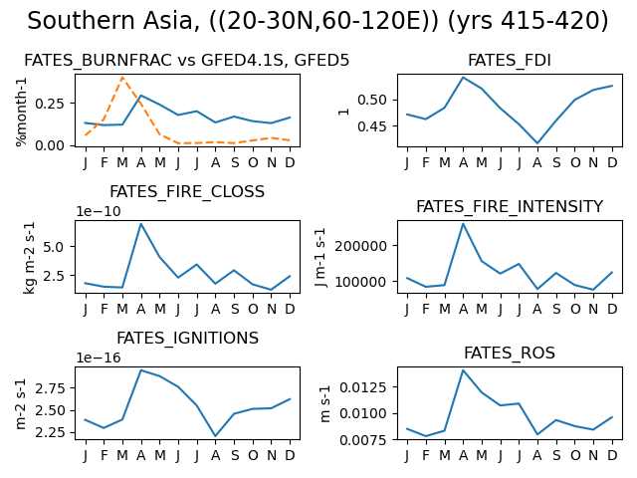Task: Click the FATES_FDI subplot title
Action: (x=510, y=60)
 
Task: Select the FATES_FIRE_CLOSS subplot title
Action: (x=187, y=191)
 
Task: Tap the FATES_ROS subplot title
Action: (x=510, y=353)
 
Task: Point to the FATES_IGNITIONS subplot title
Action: (x=187, y=338)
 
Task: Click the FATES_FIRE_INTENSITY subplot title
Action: (x=510, y=206)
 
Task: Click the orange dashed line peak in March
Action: (x=122, y=78)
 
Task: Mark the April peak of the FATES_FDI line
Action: (x=463, y=78)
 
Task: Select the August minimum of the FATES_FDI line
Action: (x=537, y=143)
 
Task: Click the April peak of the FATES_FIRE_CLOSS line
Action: (x=140, y=223)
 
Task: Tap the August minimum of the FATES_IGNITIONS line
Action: (x=215, y=436)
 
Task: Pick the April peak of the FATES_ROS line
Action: (x=463, y=369)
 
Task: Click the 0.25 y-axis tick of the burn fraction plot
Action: (x=49, y=104)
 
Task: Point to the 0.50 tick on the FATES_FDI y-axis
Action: (x=372, y=100)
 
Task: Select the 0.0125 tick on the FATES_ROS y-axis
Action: (x=363, y=387)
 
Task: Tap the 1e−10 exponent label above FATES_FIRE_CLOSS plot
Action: (x=99, y=211)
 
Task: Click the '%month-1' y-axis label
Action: (x=21, y=112)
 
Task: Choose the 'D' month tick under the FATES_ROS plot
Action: (x=612, y=456)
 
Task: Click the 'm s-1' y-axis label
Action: (x=325, y=403)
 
